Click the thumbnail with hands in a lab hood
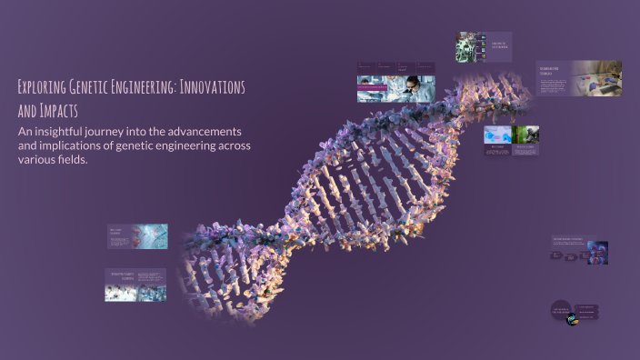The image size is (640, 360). click(x=595, y=77)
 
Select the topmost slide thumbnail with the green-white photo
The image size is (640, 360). click(x=472, y=47)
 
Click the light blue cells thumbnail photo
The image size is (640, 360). click(x=496, y=135)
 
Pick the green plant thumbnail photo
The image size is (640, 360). click(x=526, y=135)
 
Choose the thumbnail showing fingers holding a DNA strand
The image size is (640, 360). click(x=151, y=235)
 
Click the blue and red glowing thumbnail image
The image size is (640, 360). click(x=597, y=252)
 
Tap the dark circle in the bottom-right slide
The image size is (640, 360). click(x=561, y=310)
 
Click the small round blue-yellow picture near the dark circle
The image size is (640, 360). click(x=572, y=318)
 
